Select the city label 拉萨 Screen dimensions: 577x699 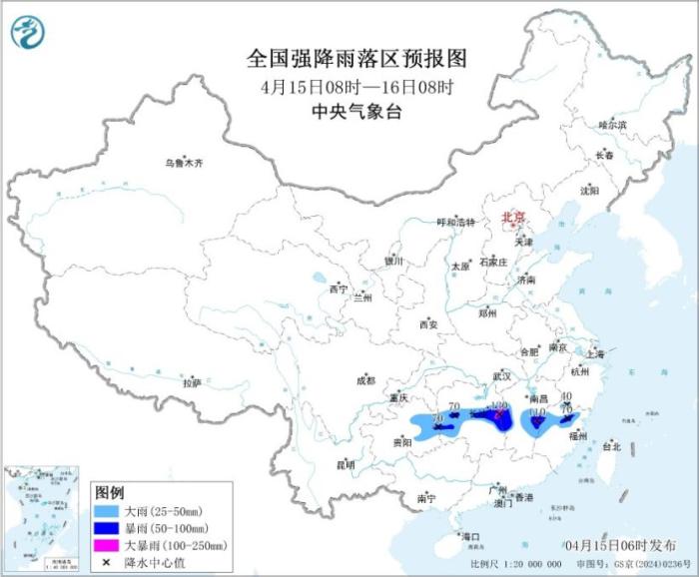click(x=192, y=382)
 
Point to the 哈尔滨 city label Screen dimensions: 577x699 click(x=611, y=125)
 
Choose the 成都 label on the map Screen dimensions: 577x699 click(x=365, y=379)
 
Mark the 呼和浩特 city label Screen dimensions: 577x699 click(x=457, y=222)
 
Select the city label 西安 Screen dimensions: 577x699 click(x=428, y=324)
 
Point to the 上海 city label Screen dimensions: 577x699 click(x=596, y=353)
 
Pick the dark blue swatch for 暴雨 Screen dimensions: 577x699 click(x=106, y=527)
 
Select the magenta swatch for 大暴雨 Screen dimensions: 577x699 click(x=106, y=545)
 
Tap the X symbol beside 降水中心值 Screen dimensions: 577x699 click(x=106, y=562)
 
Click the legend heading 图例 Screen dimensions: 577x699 click(x=109, y=493)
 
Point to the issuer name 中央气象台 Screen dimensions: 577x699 click(x=349, y=112)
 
